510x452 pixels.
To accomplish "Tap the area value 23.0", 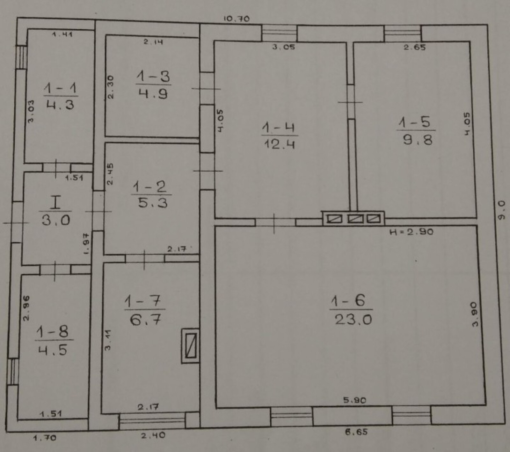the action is click(353, 319).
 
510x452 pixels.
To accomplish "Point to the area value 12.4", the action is click(280, 144).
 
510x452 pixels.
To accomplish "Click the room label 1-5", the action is click(415, 122).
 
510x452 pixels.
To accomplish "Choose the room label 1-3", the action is click(153, 77).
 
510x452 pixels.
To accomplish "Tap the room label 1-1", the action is click(60, 88).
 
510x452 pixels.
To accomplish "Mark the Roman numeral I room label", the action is click(55, 203).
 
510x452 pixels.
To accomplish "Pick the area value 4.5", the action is click(53, 350).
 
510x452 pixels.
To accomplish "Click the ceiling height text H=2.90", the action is click(412, 231).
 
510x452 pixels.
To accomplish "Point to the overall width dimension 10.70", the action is click(237, 19).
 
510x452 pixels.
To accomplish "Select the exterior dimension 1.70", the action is click(45, 438).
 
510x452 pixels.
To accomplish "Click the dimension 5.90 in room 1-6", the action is click(355, 400).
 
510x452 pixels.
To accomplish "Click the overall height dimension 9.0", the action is click(501, 210).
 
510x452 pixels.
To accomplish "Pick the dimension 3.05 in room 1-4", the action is click(283, 47).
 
